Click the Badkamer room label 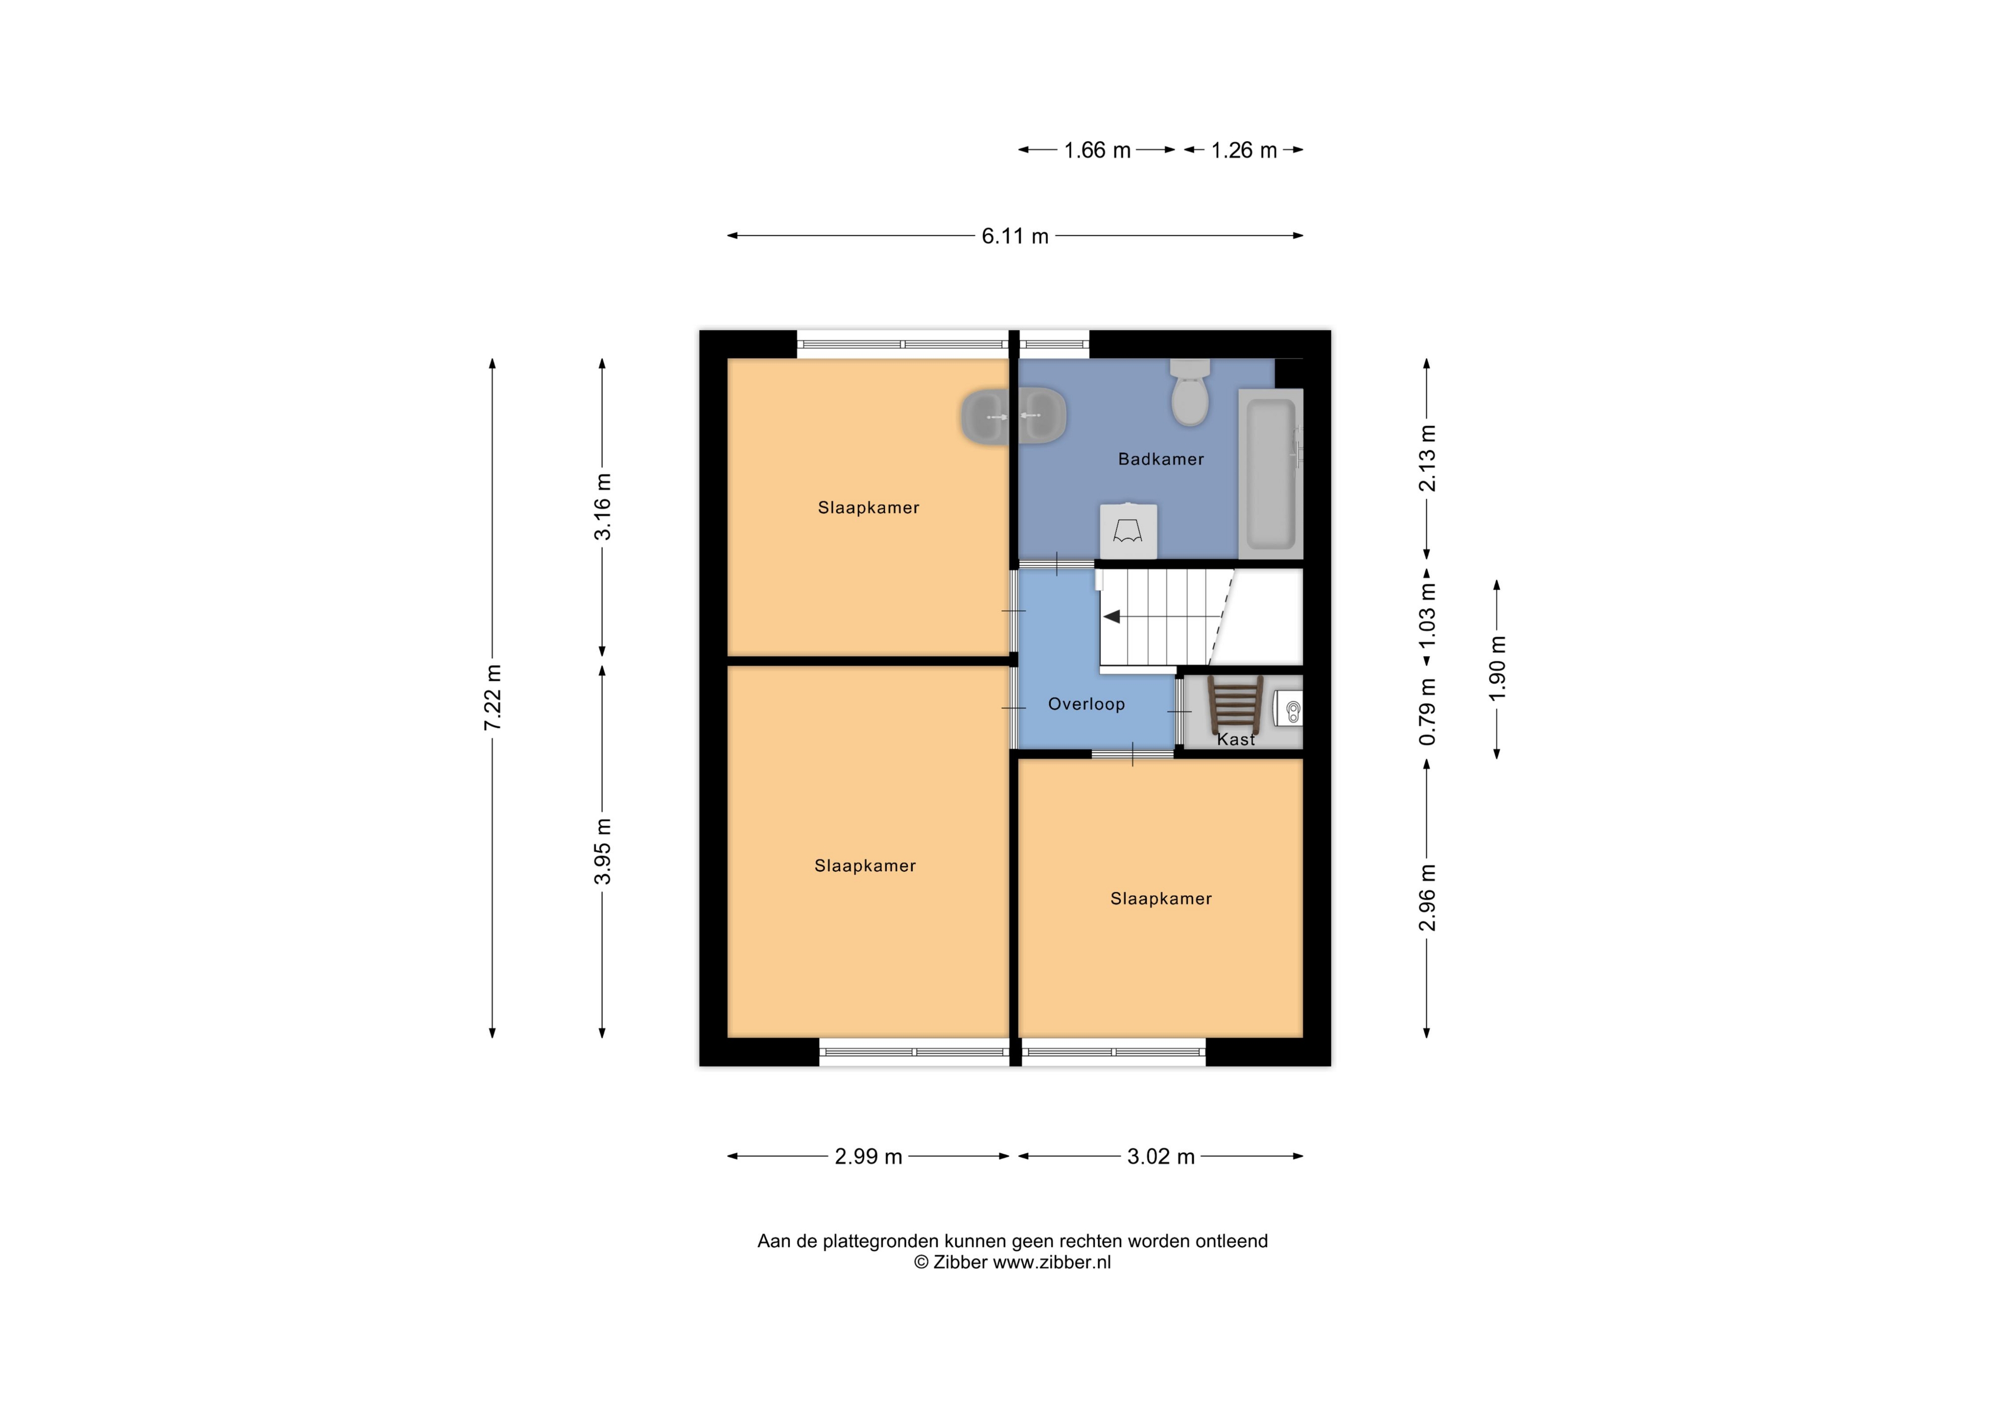pyautogui.click(x=1160, y=459)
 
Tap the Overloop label pyautogui.click(x=1086, y=704)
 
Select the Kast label pyautogui.click(x=1236, y=740)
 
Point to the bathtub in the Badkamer pyautogui.click(x=1271, y=474)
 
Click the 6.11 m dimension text pyautogui.click(x=1015, y=236)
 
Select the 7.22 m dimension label pyautogui.click(x=493, y=697)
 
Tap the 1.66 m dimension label pyautogui.click(x=1097, y=150)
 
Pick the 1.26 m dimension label pyautogui.click(x=1244, y=150)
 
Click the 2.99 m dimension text pyautogui.click(x=869, y=1157)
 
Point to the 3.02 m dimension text pyautogui.click(x=1160, y=1157)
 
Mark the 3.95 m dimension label pyautogui.click(x=603, y=852)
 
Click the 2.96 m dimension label pyautogui.click(x=1427, y=898)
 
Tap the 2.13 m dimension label pyautogui.click(x=1427, y=458)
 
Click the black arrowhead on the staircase pyautogui.click(x=1111, y=617)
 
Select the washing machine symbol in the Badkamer pyautogui.click(x=1128, y=530)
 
